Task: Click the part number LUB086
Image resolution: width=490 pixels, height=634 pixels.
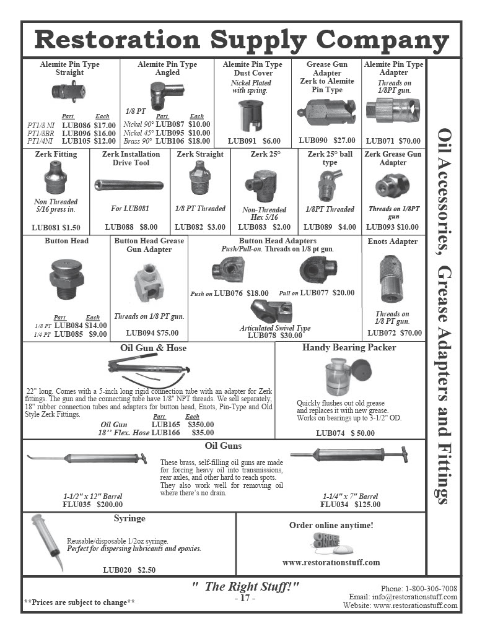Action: click(76, 125)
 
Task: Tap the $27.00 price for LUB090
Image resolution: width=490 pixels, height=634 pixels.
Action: click(344, 141)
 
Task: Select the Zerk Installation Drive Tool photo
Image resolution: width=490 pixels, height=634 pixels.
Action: click(129, 185)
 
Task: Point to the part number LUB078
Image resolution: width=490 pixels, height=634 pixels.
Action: click(262, 335)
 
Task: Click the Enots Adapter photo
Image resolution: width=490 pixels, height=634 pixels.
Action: click(392, 279)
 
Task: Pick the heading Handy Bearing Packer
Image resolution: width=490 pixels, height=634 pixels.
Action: click(349, 347)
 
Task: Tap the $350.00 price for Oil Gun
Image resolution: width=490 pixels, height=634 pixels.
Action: click(201, 425)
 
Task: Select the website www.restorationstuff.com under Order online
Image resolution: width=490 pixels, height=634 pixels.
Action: click(331, 562)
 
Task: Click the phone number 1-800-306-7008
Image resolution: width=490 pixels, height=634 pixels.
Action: click(431, 588)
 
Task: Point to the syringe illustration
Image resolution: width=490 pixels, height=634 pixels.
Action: click(48, 542)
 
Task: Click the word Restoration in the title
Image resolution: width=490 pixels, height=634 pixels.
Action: click(117, 40)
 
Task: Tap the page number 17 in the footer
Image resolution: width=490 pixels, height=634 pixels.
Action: click(245, 598)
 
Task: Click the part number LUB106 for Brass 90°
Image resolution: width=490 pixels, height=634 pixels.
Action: click(170, 141)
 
